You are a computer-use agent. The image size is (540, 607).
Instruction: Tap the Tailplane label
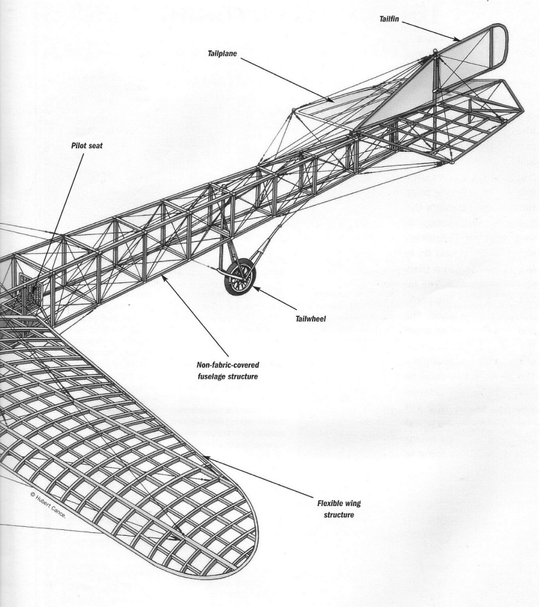(x=222, y=52)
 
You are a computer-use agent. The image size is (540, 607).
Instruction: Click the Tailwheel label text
(x=310, y=318)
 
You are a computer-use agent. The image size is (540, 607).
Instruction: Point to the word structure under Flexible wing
(x=339, y=514)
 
